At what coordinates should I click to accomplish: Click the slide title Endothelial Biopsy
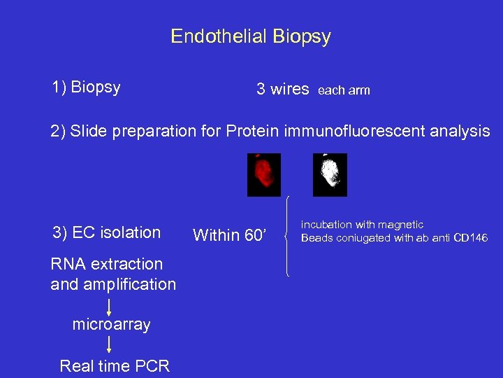point(251,36)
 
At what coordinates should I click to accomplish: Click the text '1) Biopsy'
point(86,87)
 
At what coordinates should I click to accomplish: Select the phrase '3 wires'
point(282,89)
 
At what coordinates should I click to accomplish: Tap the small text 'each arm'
point(344,90)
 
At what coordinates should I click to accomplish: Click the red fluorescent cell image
point(264,174)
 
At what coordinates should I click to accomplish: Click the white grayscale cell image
point(330,174)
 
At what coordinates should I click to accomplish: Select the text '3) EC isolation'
point(106,232)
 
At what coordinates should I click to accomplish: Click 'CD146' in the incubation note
point(470,239)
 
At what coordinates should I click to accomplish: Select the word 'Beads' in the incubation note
point(316,239)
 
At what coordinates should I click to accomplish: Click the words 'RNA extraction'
point(106,264)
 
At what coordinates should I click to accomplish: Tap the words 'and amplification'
point(113,284)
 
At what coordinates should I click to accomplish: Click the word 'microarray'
point(111,325)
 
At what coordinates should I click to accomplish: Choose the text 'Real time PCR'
point(115,366)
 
